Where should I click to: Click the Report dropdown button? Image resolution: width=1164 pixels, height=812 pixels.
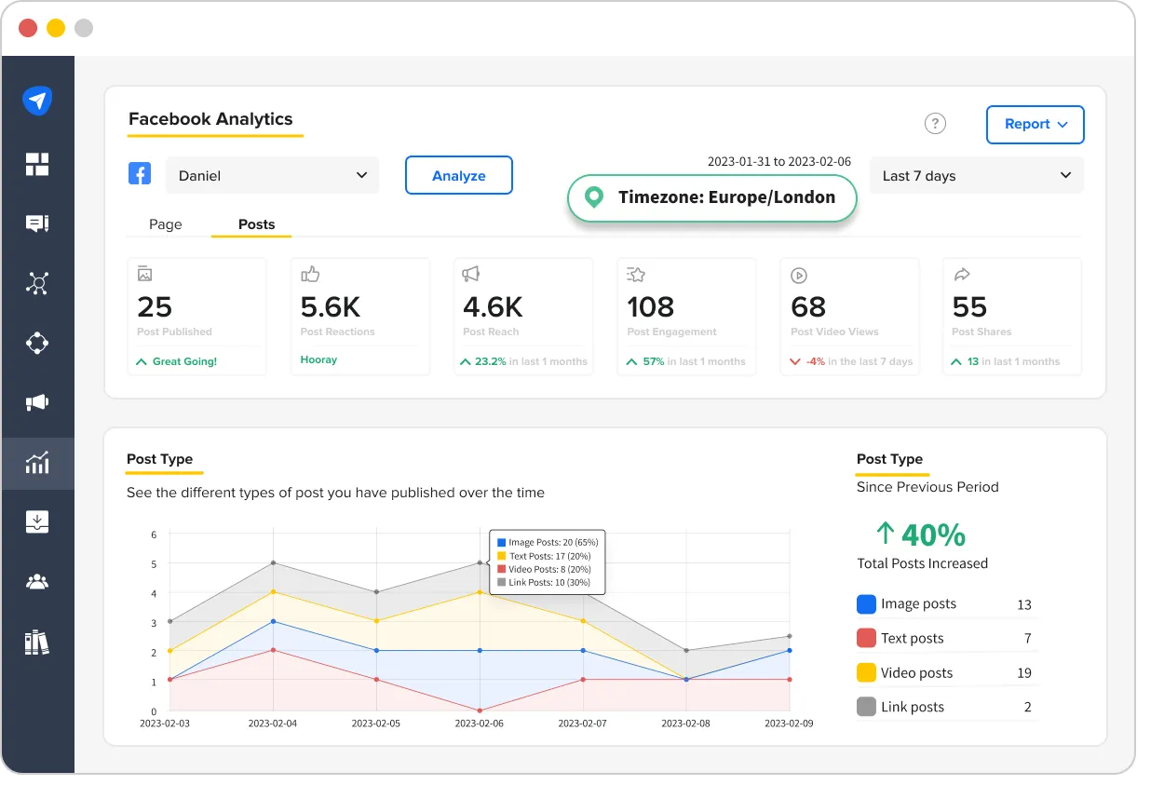[1035, 125]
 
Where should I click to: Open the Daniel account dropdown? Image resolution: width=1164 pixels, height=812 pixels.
[272, 176]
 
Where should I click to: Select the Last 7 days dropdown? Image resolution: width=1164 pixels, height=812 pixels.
[976, 176]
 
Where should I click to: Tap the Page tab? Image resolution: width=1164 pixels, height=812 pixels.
[166, 224]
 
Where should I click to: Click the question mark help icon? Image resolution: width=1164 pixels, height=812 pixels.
[935, 124]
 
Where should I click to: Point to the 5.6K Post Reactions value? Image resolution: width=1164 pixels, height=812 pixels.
[331, 307]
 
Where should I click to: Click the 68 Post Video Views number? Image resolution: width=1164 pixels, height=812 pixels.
[808, 307]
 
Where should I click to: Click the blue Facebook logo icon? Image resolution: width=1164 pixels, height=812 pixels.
[140, 173]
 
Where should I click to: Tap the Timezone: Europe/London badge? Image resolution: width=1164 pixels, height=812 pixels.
[711, 197]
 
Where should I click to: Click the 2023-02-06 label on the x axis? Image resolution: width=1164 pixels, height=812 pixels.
[480, 724]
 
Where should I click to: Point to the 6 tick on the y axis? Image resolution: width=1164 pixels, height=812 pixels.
[154, 535]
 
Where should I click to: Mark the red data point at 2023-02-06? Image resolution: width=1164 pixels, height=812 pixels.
[480, 710]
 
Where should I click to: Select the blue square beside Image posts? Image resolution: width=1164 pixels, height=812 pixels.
[866, 604]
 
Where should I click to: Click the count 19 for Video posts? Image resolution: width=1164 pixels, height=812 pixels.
[1024, 673]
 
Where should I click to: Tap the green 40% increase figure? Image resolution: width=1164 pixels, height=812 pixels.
[921, 535]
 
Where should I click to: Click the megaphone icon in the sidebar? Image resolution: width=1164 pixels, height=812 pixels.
[37, 402]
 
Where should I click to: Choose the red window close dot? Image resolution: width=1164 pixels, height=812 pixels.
[28, 28]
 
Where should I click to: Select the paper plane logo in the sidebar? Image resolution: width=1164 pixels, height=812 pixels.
[37, 101]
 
